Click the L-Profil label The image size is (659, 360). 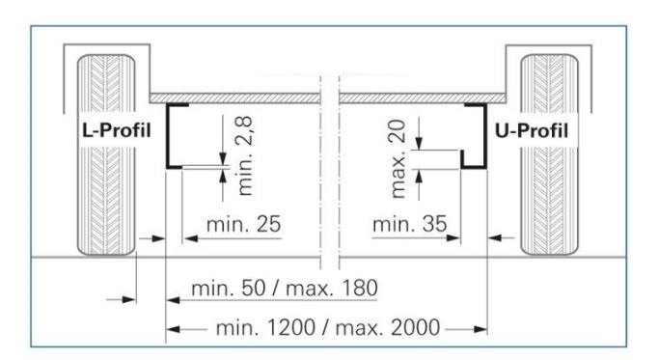click(117, 130)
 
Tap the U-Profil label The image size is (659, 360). click(532, 131)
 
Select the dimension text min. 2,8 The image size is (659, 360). click(245, 155)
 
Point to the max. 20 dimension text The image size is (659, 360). click(398, 158)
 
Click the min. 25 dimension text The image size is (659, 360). click(243, 224)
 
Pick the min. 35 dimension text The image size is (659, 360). click(409, 224)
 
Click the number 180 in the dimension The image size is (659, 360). click(360, 289)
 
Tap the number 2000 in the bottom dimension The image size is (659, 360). click(415, 327)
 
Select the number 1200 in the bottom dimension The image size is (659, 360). click(290, 327)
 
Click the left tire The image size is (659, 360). click(106, 154)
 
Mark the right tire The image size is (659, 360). click(549, 154)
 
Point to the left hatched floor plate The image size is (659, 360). click(234, 98)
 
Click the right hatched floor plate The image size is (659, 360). click(423, 98)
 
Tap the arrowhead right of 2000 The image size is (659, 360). click(480, 329)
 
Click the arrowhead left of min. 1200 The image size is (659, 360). click(173, 329)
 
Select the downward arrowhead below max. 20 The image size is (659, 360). click(419, 143)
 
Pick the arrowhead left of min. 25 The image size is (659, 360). click(191, 238)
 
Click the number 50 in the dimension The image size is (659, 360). click(254, 289)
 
